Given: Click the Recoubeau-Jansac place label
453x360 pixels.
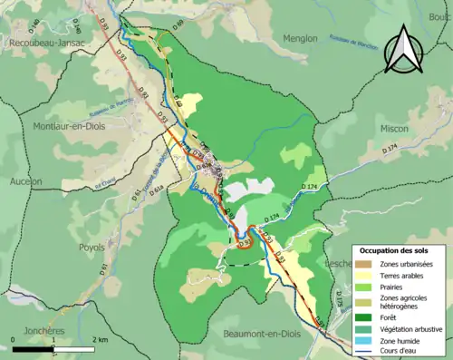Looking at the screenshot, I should click(48, 43).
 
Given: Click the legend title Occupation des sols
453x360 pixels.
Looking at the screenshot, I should click(394, 249).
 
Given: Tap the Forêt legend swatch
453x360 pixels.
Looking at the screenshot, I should click(367, 316).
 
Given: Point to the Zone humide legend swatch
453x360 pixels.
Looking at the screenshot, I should click(367, 340).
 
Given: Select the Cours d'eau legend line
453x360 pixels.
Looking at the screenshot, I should click(367, 352).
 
